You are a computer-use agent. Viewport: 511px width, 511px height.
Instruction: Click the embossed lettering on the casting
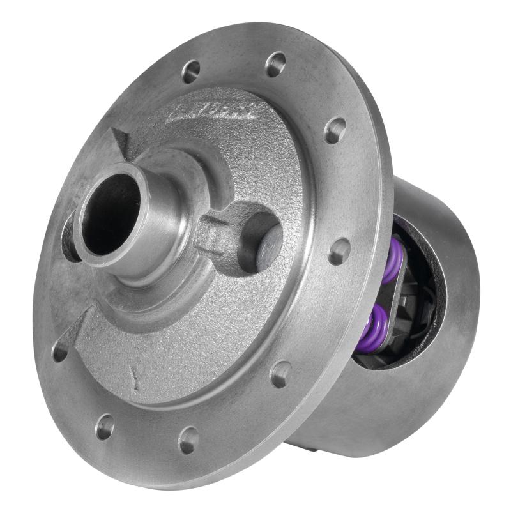pyautogui.click(x=210, y=111)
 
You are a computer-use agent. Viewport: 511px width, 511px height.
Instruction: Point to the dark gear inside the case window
pyautogui.click(x=425, y=300)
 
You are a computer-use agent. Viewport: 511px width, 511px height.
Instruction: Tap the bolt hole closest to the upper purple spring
pyautogui.click(x=339, y=251)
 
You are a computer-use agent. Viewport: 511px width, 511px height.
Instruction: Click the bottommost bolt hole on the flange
pyautogui.click(x=188, y=439)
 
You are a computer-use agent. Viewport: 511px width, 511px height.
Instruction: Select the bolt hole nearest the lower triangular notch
pyautogui.click(x=60, y=351)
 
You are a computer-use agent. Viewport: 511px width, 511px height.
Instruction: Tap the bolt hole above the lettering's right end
pyautogui.click(x=275, y=64)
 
